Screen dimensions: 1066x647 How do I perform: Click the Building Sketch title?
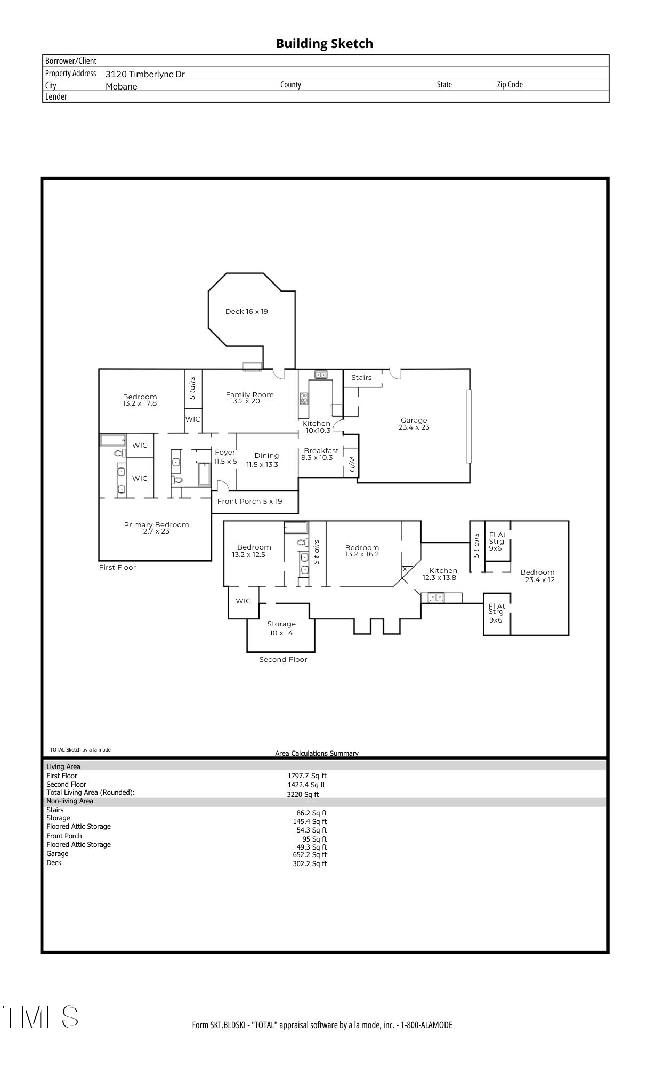click(x=324, y=44)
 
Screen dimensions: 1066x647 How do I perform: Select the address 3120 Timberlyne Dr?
click(x=145, y=74)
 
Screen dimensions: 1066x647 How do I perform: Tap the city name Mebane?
click(x=121, y=86)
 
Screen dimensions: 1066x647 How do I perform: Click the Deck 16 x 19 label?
click(x=246, y=312)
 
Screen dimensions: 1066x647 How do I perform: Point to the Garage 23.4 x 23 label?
click(x=414, y=424)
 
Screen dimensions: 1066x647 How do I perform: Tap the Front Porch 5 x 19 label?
click(x=249, y=502)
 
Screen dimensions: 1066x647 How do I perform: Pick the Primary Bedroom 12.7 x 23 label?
click(x=156, y=528)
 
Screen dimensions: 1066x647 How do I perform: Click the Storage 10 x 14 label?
click(x=281, y=628)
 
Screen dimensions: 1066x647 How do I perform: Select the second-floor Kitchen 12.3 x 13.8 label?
click(x=442, y=574)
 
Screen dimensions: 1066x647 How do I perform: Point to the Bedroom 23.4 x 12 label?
click(x=538, y=576)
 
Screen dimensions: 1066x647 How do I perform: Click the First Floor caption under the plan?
click(x=117, y=568)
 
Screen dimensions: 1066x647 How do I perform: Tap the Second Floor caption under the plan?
click(x=283, y=660)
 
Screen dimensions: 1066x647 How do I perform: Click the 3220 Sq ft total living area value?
click(x=303, y=794)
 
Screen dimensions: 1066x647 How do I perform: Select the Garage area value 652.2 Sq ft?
click(x=310, y=855)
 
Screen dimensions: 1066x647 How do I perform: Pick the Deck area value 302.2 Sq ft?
click(x=310, y=864)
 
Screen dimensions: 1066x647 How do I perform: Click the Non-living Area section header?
click(x=70, y=801)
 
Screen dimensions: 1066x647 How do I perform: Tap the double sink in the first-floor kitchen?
click(x=321, y=375)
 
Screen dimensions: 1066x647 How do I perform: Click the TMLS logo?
click(x=41, y=1017)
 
